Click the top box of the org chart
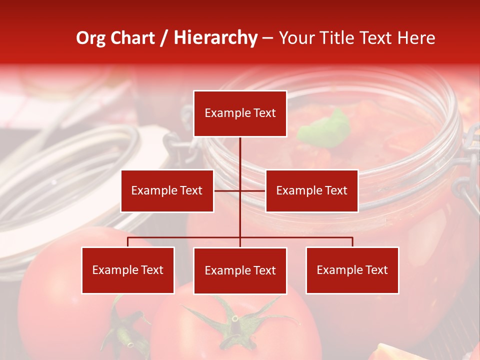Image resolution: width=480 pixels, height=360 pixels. point(240,113)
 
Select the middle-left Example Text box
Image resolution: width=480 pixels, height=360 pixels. point(167,190)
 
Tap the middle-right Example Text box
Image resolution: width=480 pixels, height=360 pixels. point(311,190)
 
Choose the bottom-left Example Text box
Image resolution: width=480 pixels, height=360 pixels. point(128,270)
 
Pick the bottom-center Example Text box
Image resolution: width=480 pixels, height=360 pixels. point(240,270)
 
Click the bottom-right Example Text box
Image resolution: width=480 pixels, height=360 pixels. point(352,270)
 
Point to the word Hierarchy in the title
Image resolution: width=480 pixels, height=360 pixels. point(215,38)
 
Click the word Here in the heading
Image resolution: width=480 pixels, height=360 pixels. point(416,38)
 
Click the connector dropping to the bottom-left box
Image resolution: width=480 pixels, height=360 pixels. point(128,242)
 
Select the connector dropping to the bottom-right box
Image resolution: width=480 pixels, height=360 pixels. point(352,242)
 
